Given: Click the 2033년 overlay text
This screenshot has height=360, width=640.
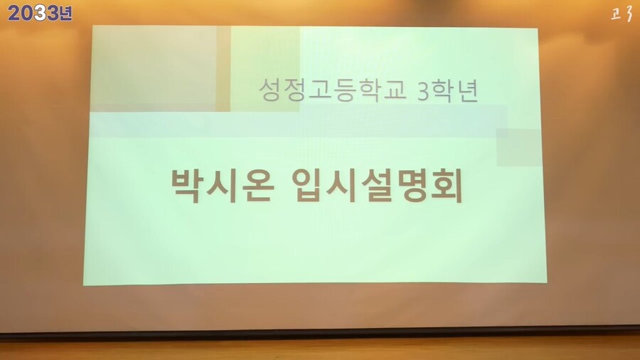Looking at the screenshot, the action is [40, 13].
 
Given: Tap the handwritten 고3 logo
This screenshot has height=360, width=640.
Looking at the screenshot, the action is [622, 14].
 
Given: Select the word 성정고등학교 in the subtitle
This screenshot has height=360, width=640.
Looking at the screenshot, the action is [333, 90].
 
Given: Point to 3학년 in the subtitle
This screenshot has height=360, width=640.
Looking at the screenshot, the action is [448, 90].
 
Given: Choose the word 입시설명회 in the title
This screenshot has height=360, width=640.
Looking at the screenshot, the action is [377, 186].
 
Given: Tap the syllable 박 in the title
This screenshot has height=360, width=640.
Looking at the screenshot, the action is [186, 186].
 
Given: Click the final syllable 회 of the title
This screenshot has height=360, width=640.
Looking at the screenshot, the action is [447, 186].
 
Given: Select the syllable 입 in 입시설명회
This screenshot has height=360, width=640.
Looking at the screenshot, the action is [307, 186].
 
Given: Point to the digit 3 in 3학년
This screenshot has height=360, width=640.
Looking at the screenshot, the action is [424, 91].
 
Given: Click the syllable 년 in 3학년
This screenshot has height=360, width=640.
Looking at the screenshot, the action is [468, 90].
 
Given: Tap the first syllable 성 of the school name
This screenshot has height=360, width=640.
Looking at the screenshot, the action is [270, 90].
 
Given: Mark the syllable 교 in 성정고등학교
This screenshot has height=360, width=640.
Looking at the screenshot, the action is [395, 90].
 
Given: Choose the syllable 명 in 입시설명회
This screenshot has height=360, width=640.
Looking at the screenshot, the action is [412, 186].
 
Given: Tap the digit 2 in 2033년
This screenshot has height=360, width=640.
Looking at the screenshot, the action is [14, 14].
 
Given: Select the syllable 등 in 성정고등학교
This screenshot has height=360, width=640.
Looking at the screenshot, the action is [345, 90].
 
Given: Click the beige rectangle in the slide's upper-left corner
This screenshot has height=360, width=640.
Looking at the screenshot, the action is [153, 68].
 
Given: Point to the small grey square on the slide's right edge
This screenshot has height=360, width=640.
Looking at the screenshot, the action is [519, 147].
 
